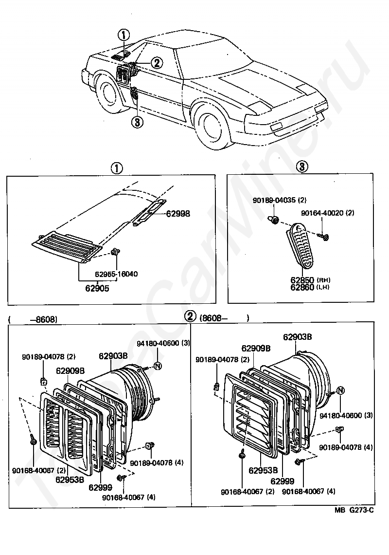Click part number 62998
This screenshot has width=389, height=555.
[x=178, y=213]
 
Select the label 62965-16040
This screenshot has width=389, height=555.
[x=116, y=274]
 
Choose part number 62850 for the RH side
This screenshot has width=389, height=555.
[x=302, y=280]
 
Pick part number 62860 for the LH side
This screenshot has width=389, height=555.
[x=302, y=287]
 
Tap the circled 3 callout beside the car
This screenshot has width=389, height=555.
[x=137, y=122]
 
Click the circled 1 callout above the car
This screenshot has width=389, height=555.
[x=124, y=35]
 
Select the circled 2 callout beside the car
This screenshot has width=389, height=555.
[x=156, y=62]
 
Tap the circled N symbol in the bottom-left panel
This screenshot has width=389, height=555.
[x=158, y=366]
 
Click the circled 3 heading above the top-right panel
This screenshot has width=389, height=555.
[x=301, y=167]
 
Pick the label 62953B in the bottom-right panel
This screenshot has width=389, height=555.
[x=263, y=470]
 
